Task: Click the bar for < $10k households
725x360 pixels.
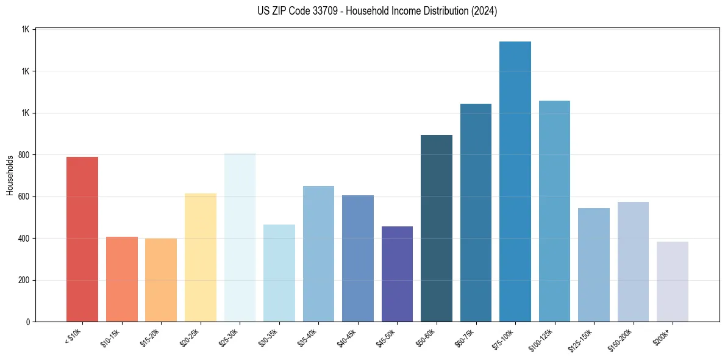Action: tap(82, 239)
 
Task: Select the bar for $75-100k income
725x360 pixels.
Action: tap(515, 182)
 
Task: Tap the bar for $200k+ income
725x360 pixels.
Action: tap(673, 281)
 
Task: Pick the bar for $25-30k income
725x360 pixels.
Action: tap(240, 237)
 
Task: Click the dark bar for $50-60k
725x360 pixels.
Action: tap(437, 228)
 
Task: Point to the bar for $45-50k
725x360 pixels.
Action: tap(397, 274)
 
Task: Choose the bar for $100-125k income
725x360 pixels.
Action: tap(554, 211)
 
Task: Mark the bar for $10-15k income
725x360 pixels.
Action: tap(122, 279)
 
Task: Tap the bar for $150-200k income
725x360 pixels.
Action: tap(633, 262)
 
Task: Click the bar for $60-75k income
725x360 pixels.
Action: tap(476, 213)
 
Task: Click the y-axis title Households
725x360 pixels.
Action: tap(10, 176)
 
